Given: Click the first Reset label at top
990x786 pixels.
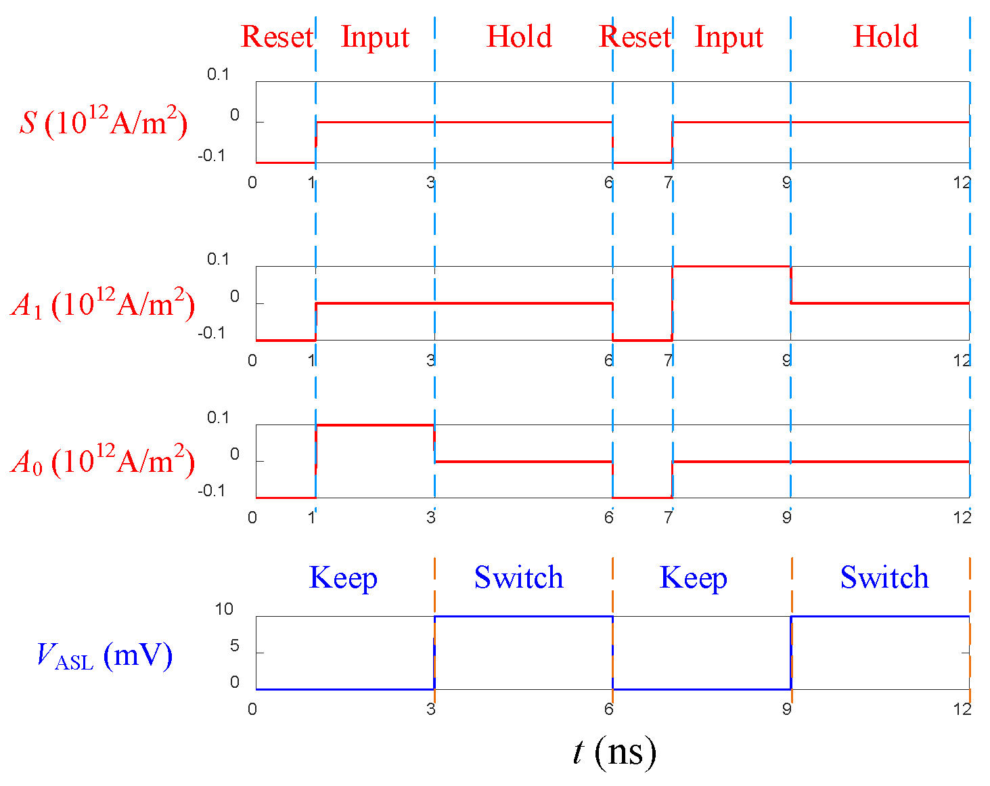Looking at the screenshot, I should (x=277, y=37).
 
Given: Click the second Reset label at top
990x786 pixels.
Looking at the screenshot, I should (x=634, y=37).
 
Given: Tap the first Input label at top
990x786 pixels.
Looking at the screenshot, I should (x=375, y=37).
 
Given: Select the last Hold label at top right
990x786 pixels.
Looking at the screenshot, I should (x=885, y=37).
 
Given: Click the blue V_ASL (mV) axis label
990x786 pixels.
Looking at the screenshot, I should (x=104, y=655).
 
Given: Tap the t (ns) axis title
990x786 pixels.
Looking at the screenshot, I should (x=614, y=751).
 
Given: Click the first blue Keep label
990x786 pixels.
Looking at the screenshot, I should (x=343, y=577).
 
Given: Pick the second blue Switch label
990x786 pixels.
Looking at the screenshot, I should (x=884, y=577).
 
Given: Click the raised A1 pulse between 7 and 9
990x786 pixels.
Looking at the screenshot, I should (x=731, y=266).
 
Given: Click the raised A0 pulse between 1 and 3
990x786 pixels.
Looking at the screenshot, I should (x=374, y=424).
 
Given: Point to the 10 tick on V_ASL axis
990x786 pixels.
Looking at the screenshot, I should (x=224, y=609).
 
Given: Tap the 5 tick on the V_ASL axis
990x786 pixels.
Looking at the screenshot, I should (x=234, y=646).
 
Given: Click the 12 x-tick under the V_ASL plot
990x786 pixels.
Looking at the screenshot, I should (x=962, y=709).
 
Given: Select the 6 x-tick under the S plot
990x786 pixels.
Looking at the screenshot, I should (x=609, y=182).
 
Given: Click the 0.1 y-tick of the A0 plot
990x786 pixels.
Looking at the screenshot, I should (x=218, y=418).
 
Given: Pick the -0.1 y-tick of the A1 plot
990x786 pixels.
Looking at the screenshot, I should (x=211, y=333).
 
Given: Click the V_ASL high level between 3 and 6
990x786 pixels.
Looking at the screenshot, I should (x=523, y=616).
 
